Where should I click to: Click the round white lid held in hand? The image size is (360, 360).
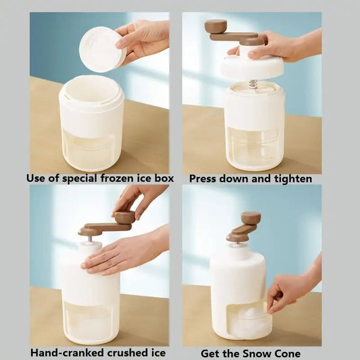tap(102, 49)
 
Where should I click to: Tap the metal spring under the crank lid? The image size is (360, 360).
tap(253, 84)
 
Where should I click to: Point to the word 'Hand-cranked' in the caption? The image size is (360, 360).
tap(62, 352)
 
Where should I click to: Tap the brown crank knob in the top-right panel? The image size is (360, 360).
tap(215, 26)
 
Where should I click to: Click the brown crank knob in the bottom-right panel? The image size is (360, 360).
tap(251, 218)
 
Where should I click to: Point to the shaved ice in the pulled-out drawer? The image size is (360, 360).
tap(249, 317)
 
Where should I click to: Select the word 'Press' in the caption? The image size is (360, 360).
tap(203, 179)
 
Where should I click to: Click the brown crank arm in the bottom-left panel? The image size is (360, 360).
tap(101, 228)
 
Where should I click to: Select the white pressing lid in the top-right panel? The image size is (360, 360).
tap(252, 67)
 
